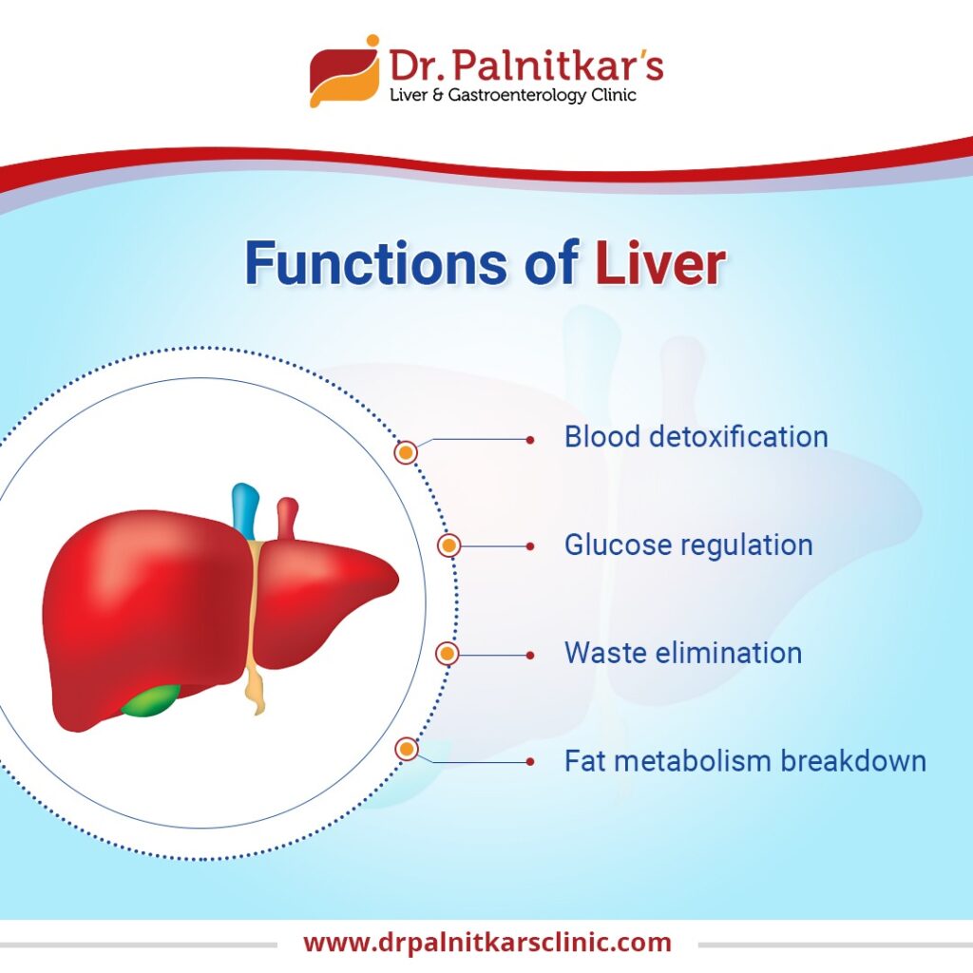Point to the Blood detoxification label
696,437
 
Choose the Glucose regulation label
688,545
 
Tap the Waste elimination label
682,654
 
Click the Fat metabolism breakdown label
744,761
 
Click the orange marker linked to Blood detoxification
407,452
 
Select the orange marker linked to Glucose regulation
448,545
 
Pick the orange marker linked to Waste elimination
447,654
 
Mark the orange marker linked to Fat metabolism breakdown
408,750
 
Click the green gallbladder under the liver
150,700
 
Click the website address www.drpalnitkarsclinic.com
486,943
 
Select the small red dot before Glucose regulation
530,546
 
